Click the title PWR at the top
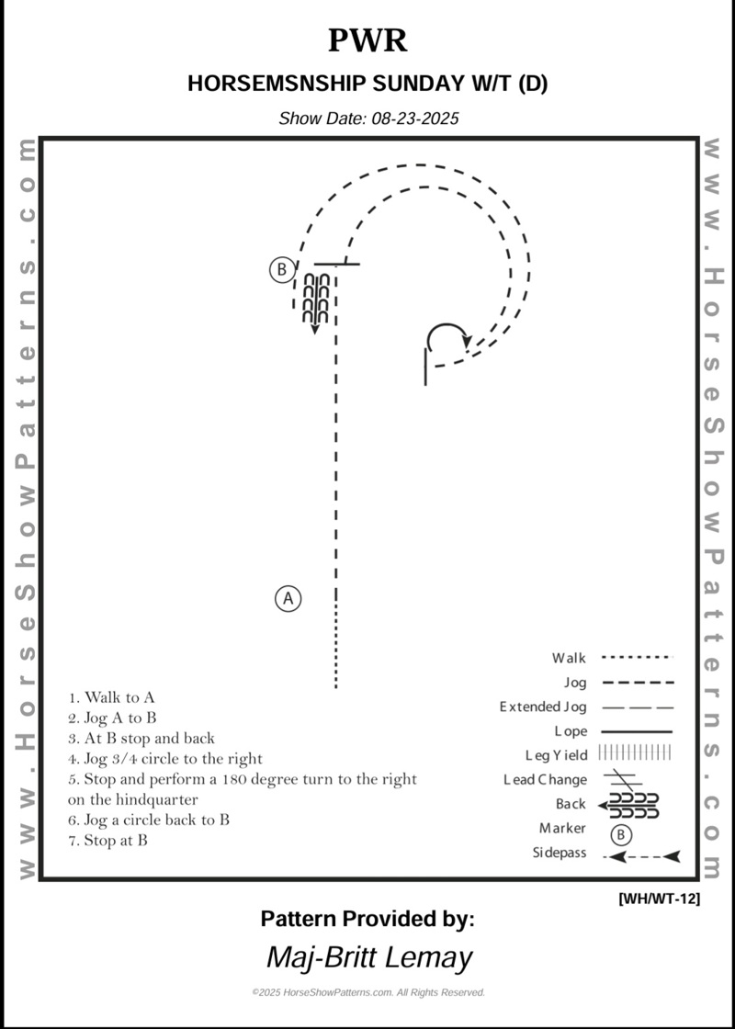pos(367,40)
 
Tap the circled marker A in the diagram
pos(288,599)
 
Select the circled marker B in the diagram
pos(281,270)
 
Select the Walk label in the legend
pos(569,658)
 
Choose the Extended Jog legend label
pos(542,707)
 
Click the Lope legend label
pos(570,731)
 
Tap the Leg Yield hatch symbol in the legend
pos(635,753)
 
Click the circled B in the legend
pos(622,835)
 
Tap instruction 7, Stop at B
pos(107,840)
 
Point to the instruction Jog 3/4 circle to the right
pos(165,759)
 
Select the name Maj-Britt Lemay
pos(368,957)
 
